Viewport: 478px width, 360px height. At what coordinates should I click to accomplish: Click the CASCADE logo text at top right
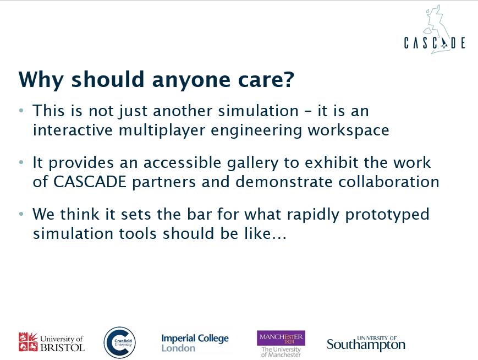(x=435, y=43)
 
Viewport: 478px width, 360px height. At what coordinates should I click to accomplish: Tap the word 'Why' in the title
(x=41, y=80)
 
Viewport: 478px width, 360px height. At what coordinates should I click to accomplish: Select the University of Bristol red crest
(x=28, y=342)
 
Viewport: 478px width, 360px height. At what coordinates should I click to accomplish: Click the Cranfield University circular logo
(x=119, y=342)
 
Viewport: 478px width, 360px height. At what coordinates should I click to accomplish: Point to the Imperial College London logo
(x=195, y=343)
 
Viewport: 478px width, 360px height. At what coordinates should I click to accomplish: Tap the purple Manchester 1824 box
(x=281, y=338)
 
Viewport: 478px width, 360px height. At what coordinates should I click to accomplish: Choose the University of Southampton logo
(x=366, y=344)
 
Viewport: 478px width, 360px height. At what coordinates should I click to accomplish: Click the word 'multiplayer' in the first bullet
(x=162, y=130)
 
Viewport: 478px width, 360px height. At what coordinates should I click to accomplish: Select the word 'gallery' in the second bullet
(x=252, y=163)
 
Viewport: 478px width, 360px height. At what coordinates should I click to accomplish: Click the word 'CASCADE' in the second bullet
(x=90, y=182)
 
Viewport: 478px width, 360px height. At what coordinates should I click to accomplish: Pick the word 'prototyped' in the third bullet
(x=387, y=215)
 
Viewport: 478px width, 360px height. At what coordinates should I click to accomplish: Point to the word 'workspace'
(x=348, y=131)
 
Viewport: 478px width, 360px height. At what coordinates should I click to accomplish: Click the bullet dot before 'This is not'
(x=21, y=111)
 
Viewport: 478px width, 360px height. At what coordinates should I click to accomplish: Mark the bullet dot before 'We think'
(x=21, y=214)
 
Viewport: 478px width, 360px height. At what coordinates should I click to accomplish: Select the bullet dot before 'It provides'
(x=21, y=162)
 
